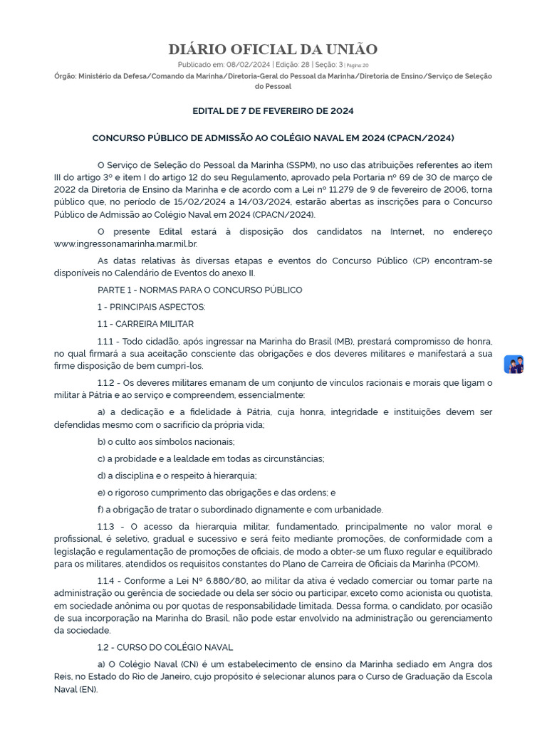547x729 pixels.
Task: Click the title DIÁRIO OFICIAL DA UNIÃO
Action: coord(273,49)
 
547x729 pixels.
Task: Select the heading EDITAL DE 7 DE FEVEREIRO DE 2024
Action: coord(273,111)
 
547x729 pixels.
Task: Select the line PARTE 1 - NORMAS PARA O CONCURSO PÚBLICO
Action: coord(199,290)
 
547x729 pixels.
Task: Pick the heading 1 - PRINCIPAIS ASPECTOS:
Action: coord(151,307)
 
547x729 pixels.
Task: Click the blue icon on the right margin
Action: coord(514,364)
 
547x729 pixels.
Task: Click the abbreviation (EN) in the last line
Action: coord(87,690)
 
